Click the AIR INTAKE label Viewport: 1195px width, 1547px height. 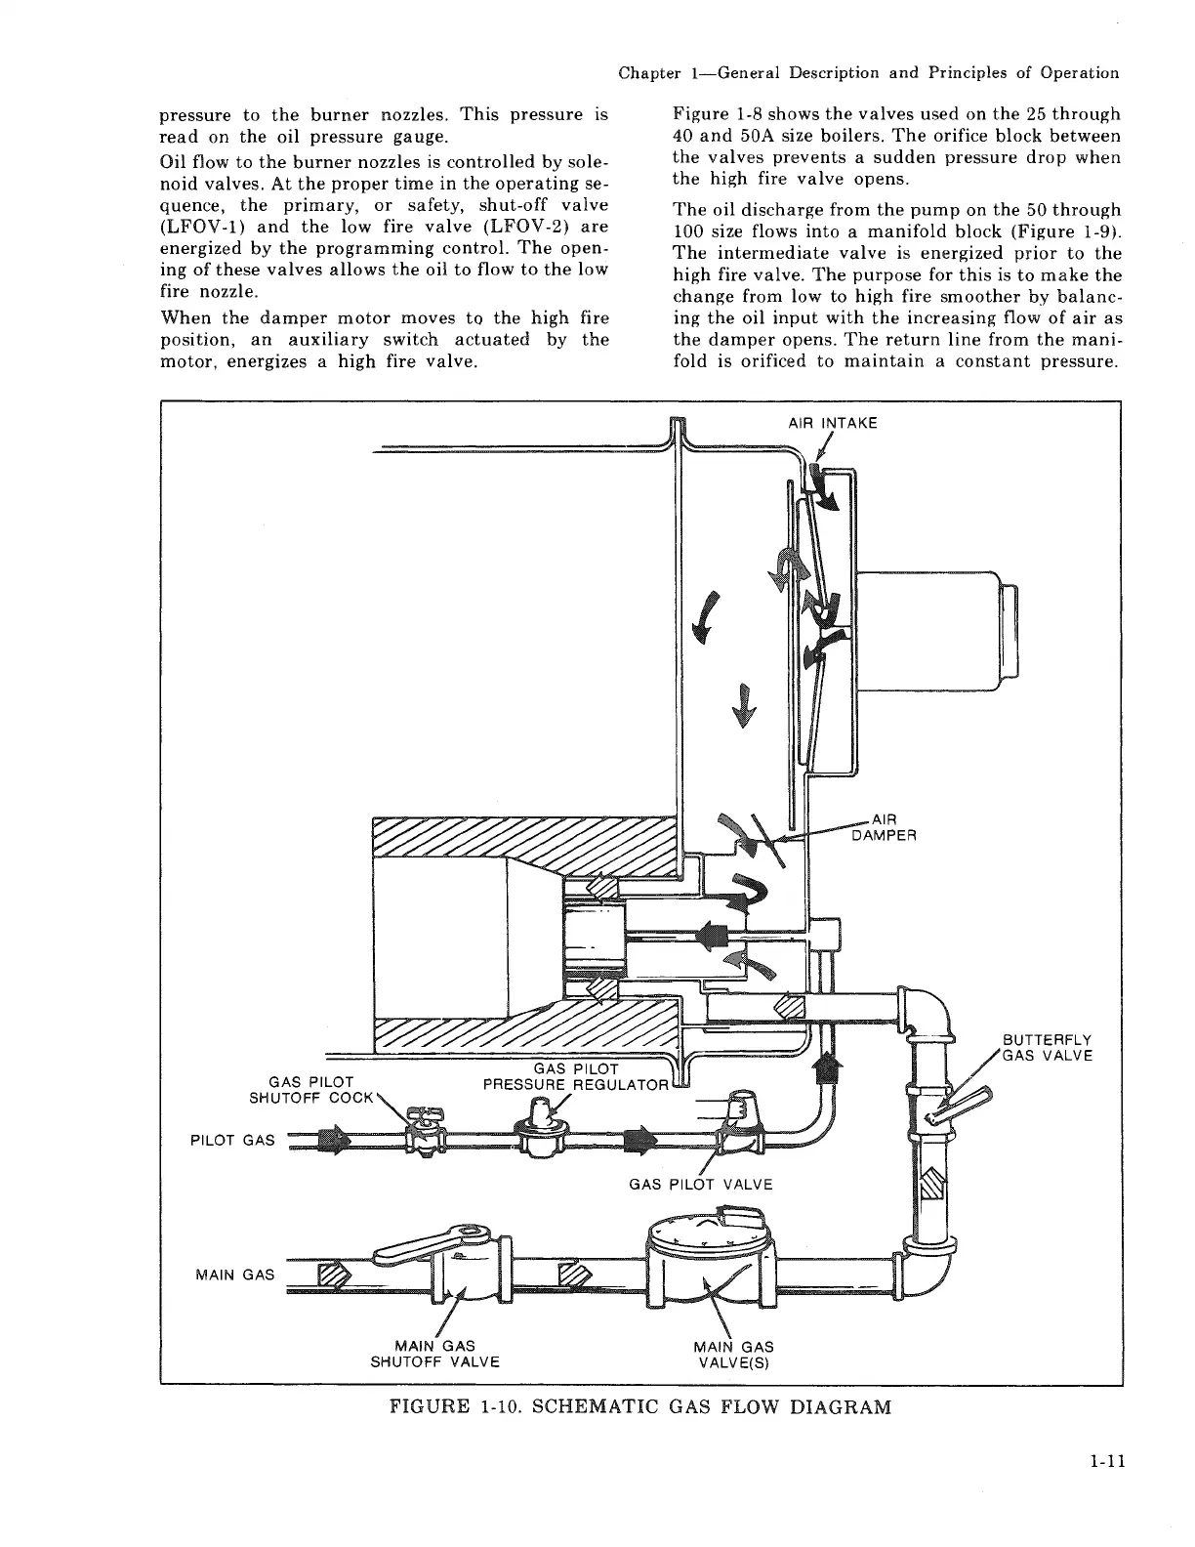coord(832,423)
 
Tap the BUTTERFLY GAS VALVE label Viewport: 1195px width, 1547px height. coord(1047,1047)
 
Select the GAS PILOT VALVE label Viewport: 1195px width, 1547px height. coord(700,1185)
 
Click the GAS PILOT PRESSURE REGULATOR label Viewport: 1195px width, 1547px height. coord(576,1076)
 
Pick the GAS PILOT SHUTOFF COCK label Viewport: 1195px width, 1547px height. coord(311,1089)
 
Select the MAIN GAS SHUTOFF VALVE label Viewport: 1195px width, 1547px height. coord(434,1354)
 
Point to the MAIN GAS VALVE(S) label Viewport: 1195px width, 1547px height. coord(732,1354)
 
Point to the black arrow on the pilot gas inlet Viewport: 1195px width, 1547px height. coord(334,1140)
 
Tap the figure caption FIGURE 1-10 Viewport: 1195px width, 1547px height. coord(639,1407)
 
